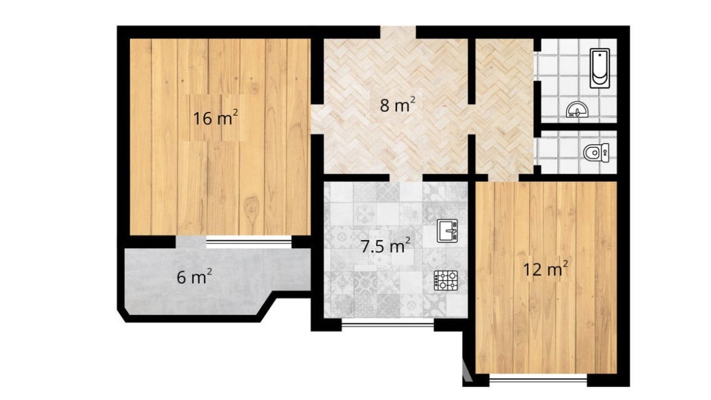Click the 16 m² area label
tap(215, 118)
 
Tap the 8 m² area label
tap(397, 105)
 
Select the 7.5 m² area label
tap(385, 246)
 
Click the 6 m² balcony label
tap(194, 276)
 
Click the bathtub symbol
tap(600, 68)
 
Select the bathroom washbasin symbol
tap(578, 110)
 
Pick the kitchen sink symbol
tap(448, 231)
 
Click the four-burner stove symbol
tap(446, 281)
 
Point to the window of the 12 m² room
tap(538, 379)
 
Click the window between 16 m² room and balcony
tap(249, 242)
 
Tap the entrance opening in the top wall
tap(398, 32)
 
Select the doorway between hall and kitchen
tap(406, 177)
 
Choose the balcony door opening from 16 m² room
tap(191, 242)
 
